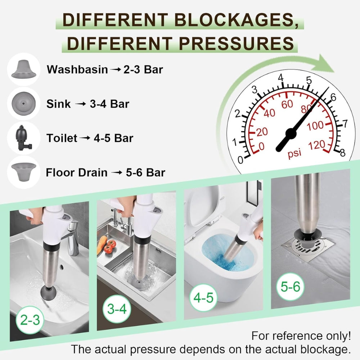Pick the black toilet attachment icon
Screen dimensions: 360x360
[23, 138]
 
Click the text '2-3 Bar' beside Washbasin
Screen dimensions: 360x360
[143, 69]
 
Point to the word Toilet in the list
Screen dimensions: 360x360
[62, 138]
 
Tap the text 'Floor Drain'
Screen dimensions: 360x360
[77, 172]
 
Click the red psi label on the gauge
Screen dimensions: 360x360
[294, 153]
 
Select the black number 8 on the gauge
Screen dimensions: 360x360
[342, 153]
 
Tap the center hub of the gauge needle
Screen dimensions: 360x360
[291, 135]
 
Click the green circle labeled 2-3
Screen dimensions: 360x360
[31, 319]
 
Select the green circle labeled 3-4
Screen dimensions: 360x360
[117, 309]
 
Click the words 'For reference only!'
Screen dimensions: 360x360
[301, 336]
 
